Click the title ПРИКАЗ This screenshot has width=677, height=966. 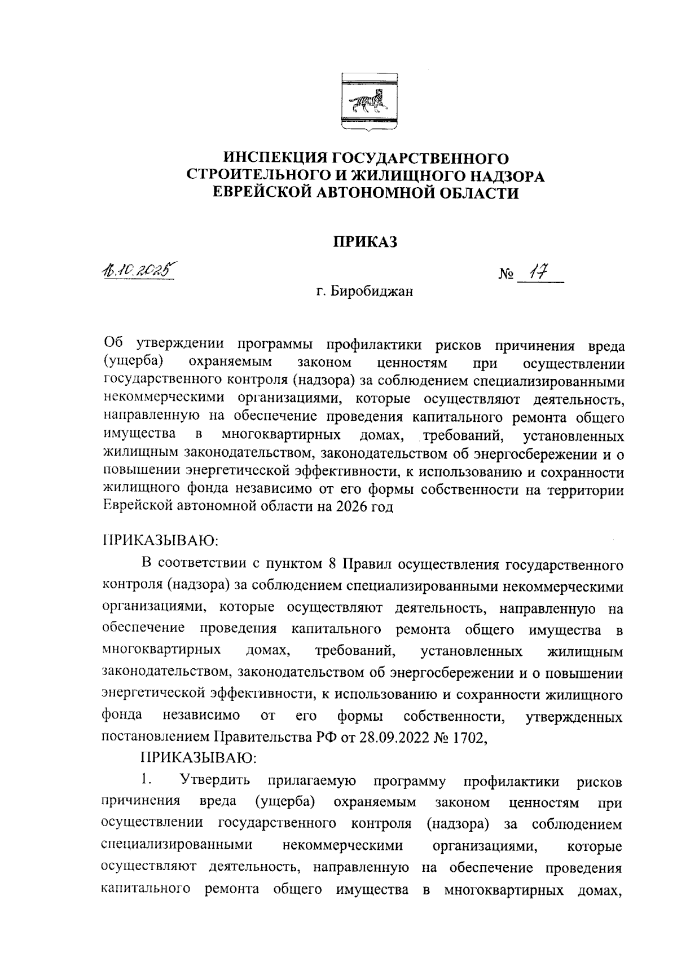click(x=364, y=242)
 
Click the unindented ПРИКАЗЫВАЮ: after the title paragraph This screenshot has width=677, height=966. click(x=160, y=541)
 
